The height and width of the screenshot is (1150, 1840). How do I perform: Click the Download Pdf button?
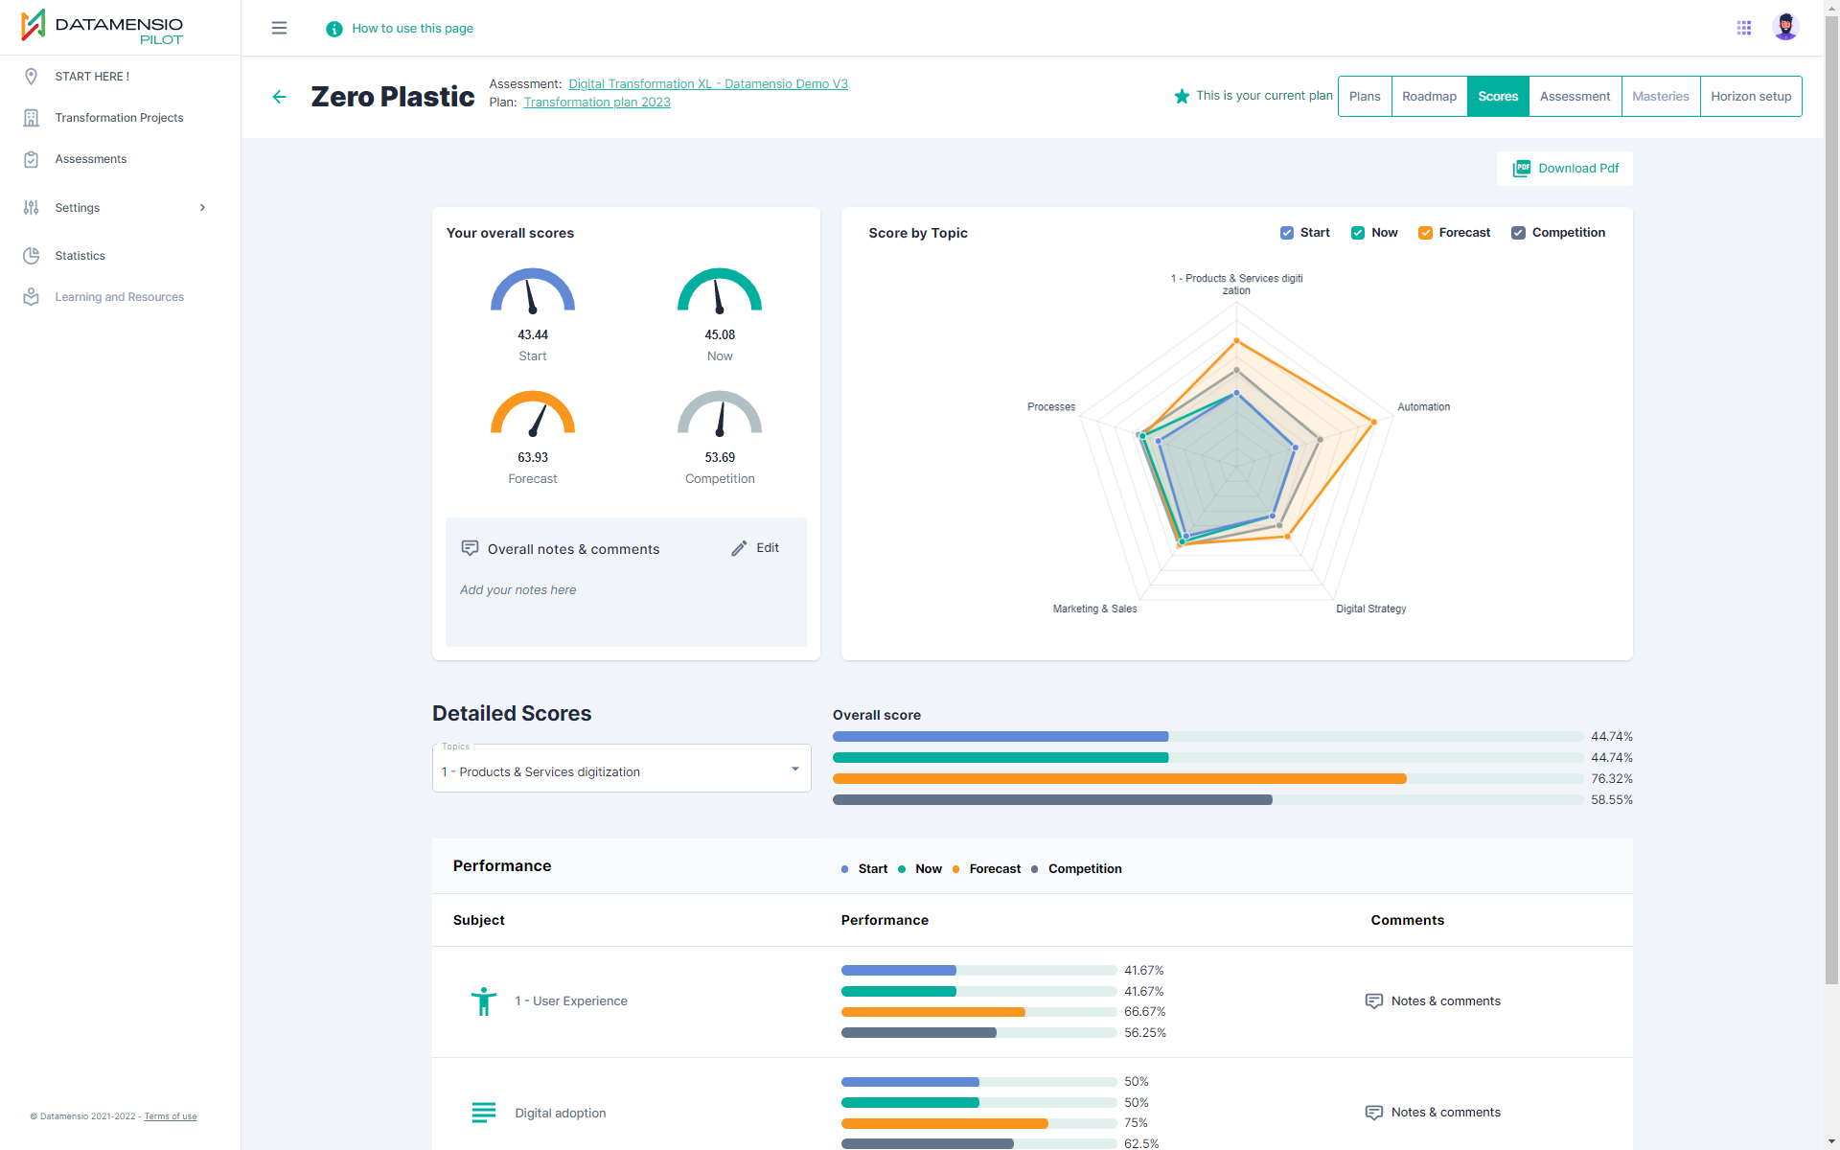coord(1565,169)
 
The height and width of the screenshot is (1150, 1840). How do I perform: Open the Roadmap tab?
coord(1429,97)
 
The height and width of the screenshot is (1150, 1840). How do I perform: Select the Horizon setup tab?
coord(1751,97)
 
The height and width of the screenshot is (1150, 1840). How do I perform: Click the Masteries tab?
coord(1661,97)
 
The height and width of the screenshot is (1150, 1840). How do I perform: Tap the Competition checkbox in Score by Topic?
coord(1518,233)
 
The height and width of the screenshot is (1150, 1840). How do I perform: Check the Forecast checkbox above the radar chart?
coord(1425,233)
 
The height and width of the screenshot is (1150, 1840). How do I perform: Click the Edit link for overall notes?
coord(755,548)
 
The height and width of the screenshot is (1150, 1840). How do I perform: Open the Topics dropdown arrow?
coord(794,769)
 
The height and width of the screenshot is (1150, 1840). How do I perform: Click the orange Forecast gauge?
coord(533,413)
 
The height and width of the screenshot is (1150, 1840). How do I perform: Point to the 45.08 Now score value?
coord(720,335)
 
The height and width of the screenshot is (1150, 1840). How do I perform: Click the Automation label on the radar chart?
coord(1423,407)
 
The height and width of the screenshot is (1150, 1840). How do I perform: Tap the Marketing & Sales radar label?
coord(1094,609)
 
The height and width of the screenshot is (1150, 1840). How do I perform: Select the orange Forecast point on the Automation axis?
coord(1373,422)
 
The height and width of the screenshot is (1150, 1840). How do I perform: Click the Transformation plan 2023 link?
coord(597,103)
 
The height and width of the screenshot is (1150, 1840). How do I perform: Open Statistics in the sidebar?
coord(80,256)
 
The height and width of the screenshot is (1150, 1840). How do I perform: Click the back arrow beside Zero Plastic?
coord(280,97)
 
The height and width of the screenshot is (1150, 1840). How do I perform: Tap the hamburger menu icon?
coord(280,29)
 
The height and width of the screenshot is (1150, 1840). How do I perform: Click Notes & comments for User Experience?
coord(1433,1001)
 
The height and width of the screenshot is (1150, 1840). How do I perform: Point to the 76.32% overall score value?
coord(1612,779)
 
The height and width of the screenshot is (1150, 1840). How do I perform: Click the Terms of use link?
coord(171,1116)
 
